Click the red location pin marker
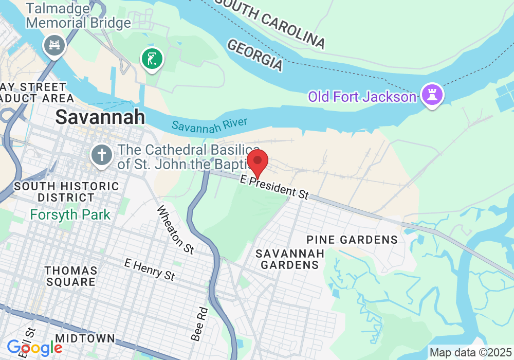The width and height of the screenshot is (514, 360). [x=258, y=163]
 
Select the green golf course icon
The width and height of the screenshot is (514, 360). [x=152, y=59]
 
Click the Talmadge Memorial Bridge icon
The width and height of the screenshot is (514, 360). [x=54, y=45]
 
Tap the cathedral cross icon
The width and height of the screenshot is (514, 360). [x=102, y=154]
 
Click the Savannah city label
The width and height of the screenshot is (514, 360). [x=100, y=117]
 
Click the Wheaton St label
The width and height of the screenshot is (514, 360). [x=175, y=229]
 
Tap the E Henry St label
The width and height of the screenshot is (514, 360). [x=150, y=269]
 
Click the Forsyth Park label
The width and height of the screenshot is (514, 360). [x=70, y=214]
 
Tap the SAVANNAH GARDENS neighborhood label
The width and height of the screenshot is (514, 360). [x=290, y=259]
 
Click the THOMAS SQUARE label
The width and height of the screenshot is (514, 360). [x=70, y=276]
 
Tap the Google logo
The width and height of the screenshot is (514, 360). [x=34, y=348]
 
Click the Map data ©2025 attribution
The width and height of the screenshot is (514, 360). [x=470, y=353]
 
